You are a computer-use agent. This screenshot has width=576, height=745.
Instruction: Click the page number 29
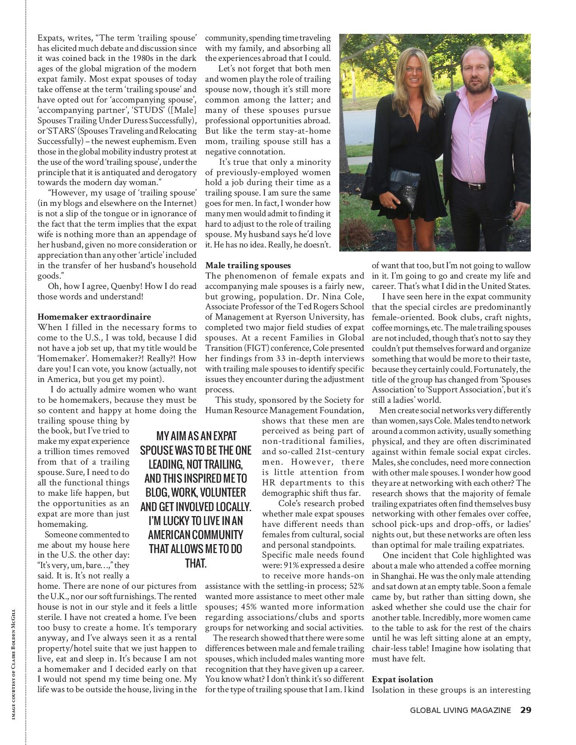coord(525,710)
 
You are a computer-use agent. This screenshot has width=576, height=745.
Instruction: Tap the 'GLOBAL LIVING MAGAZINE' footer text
coord(460,710)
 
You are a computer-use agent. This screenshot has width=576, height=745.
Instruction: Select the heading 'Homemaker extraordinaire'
coord(94,317)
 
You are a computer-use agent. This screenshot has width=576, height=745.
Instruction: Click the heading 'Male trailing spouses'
coord(248,265)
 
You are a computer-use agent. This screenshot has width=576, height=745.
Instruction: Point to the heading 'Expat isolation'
coord(402,679)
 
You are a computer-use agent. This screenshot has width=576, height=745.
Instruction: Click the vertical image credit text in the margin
coord(14,664)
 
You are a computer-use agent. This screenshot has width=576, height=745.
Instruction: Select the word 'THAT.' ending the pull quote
coord(196,563)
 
